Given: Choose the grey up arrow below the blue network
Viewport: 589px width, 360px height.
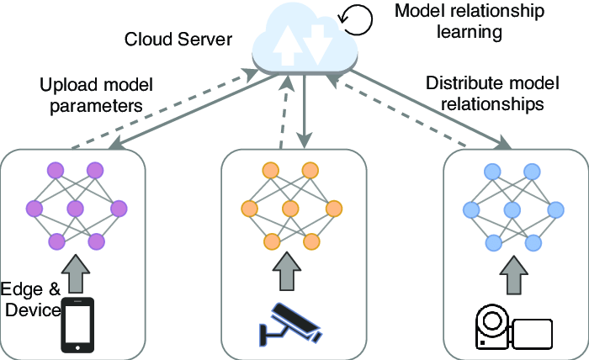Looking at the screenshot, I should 510,271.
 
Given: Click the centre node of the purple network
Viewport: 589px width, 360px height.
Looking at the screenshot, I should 75,208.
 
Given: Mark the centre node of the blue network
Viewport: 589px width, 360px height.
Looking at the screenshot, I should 511,208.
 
